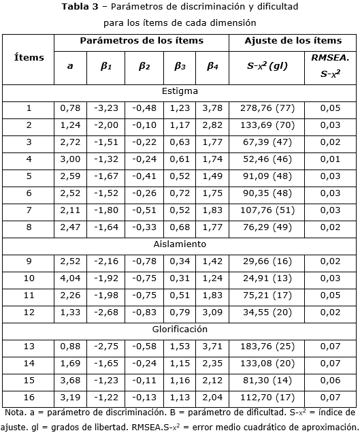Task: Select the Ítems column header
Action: (29, 58)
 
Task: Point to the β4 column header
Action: (212, 66)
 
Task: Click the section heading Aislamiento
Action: (180, 244)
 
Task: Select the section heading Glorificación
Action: (180, 329)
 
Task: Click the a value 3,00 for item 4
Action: (70, 159)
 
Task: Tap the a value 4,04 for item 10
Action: (70, 278)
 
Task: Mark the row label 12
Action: (29, 312)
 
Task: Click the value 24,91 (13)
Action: (265, 278)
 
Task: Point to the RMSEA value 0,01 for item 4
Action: (330, 159)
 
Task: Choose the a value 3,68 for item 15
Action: (70, 380)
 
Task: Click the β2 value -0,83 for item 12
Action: (144, 312)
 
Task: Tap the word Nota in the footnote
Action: (16, 413)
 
